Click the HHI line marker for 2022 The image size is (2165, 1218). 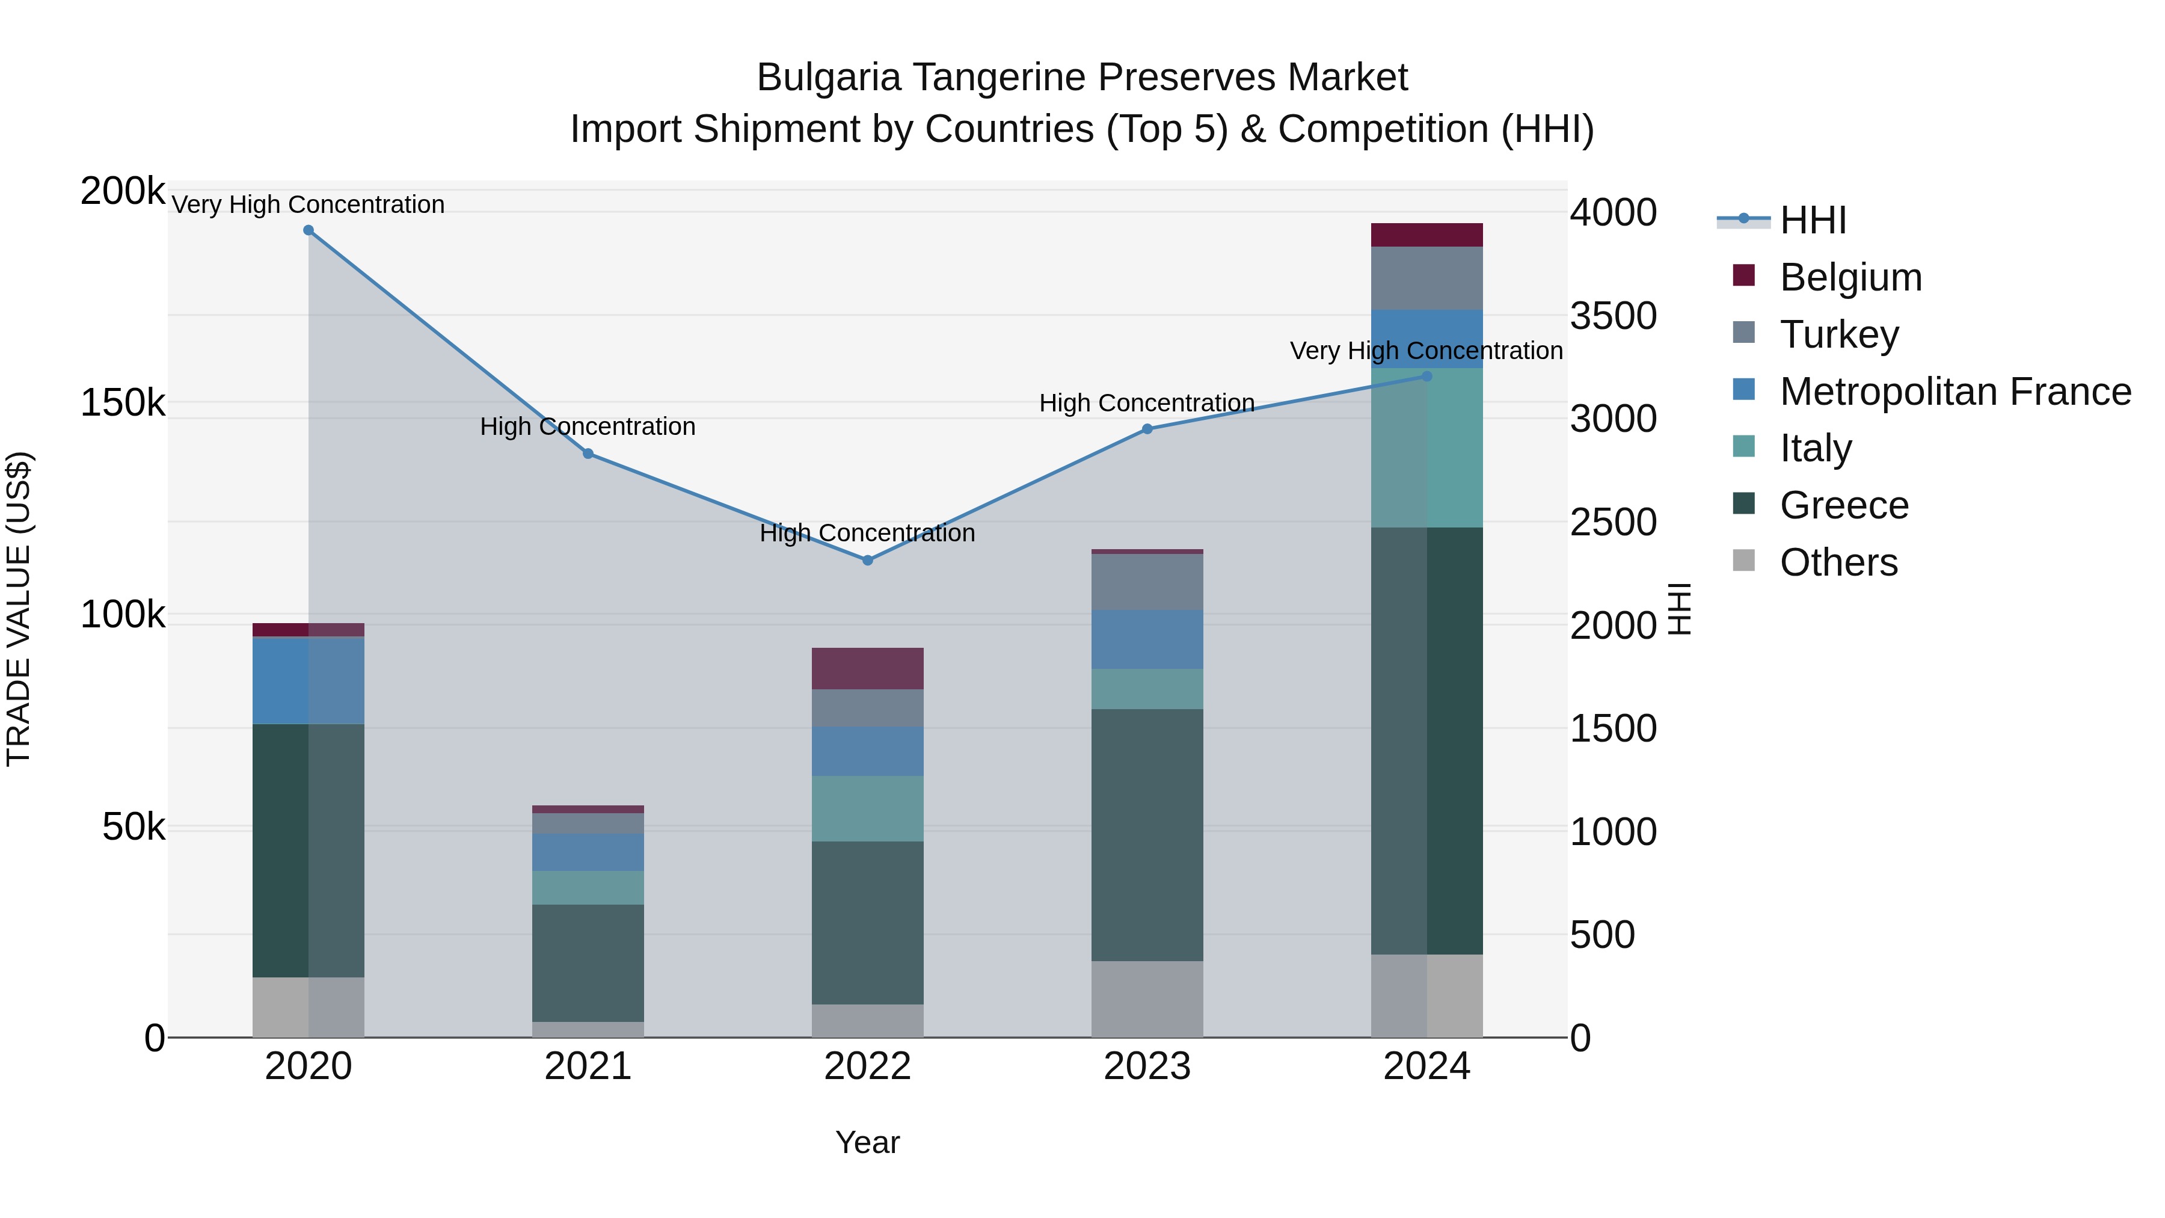click(x=867, y=560)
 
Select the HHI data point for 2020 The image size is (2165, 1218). click(x=309, y=230)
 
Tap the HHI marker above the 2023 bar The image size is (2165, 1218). click(x=1147, y=429)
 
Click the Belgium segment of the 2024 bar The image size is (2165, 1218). click(x=1426, y=235)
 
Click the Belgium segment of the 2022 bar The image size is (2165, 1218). click(x=867, y=668)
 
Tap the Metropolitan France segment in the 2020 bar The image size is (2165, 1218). click(x=309, y=680)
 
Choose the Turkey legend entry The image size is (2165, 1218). click(x=1839, y=334)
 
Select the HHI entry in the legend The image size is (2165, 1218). click(x=1813, y=220)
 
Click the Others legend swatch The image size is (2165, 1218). click(x=1744, y=561)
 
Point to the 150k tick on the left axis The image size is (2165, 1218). click(x=123, y=404)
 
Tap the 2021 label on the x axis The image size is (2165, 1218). click(x=588, y=1066)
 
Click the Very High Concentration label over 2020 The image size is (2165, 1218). click(x=309, y=205)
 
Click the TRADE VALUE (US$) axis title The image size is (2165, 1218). click(x=19, y=609)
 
